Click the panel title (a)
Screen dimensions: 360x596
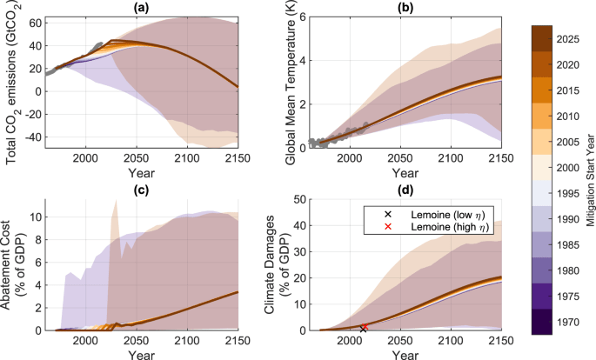pyautogui.click(x=141, y=7)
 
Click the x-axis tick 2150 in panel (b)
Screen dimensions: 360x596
pyautogui.click(x=499, y=158)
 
